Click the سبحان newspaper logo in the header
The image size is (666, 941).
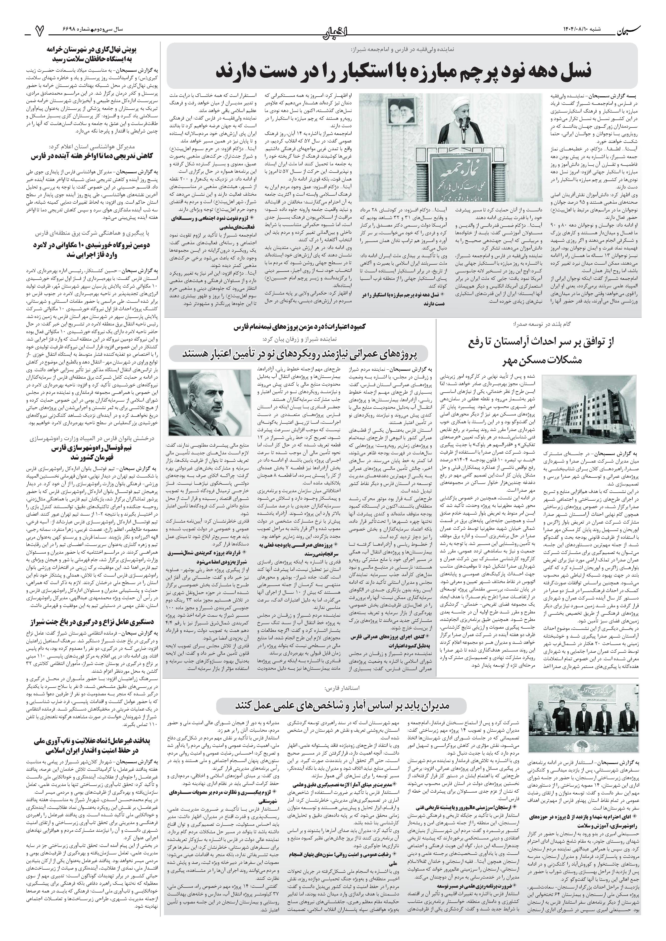pyautogui.click(x=628, y=30)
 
